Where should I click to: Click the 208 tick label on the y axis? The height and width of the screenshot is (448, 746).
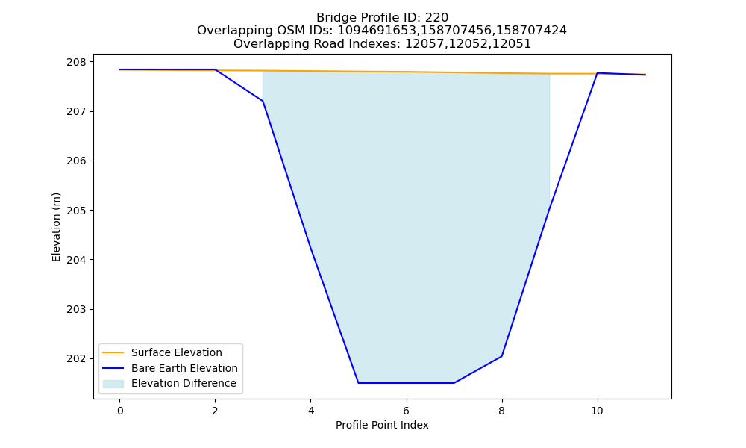click(77, 62)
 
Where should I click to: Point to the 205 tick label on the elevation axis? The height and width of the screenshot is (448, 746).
click(77, 211)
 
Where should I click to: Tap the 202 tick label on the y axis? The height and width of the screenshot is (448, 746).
click(77, 359)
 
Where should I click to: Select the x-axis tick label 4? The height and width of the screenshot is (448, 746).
click(310, 411)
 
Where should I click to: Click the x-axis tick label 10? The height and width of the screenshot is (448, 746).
click(597, 411)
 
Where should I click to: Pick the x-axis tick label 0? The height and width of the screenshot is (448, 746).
click(120, 411)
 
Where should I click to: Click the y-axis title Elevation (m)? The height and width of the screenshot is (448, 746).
click(56, 227)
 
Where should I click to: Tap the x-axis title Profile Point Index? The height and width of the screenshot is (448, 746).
click(382, 425)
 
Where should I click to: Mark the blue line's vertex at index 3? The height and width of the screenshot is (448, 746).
click(263, 101)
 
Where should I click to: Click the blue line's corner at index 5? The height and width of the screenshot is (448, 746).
click(358, 383)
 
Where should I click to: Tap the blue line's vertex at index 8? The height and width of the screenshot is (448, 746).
click(501, 356)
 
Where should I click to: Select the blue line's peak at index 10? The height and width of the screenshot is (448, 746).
click(597, 73)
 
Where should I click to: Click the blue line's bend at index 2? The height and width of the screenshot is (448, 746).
click(215, 69)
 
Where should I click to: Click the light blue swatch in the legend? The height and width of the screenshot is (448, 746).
click(113, 384)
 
